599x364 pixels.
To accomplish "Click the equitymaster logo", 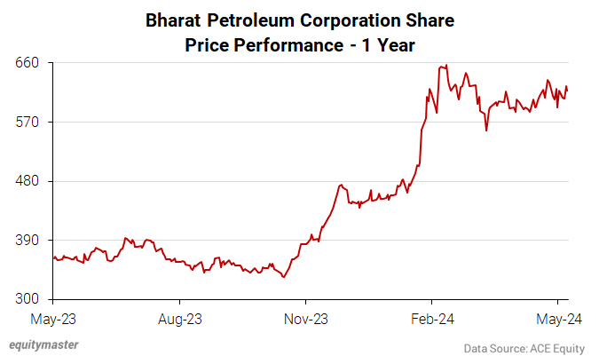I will click(43, 344).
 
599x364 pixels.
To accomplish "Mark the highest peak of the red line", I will click(445, 65).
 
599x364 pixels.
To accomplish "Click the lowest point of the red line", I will click(283, 277).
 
